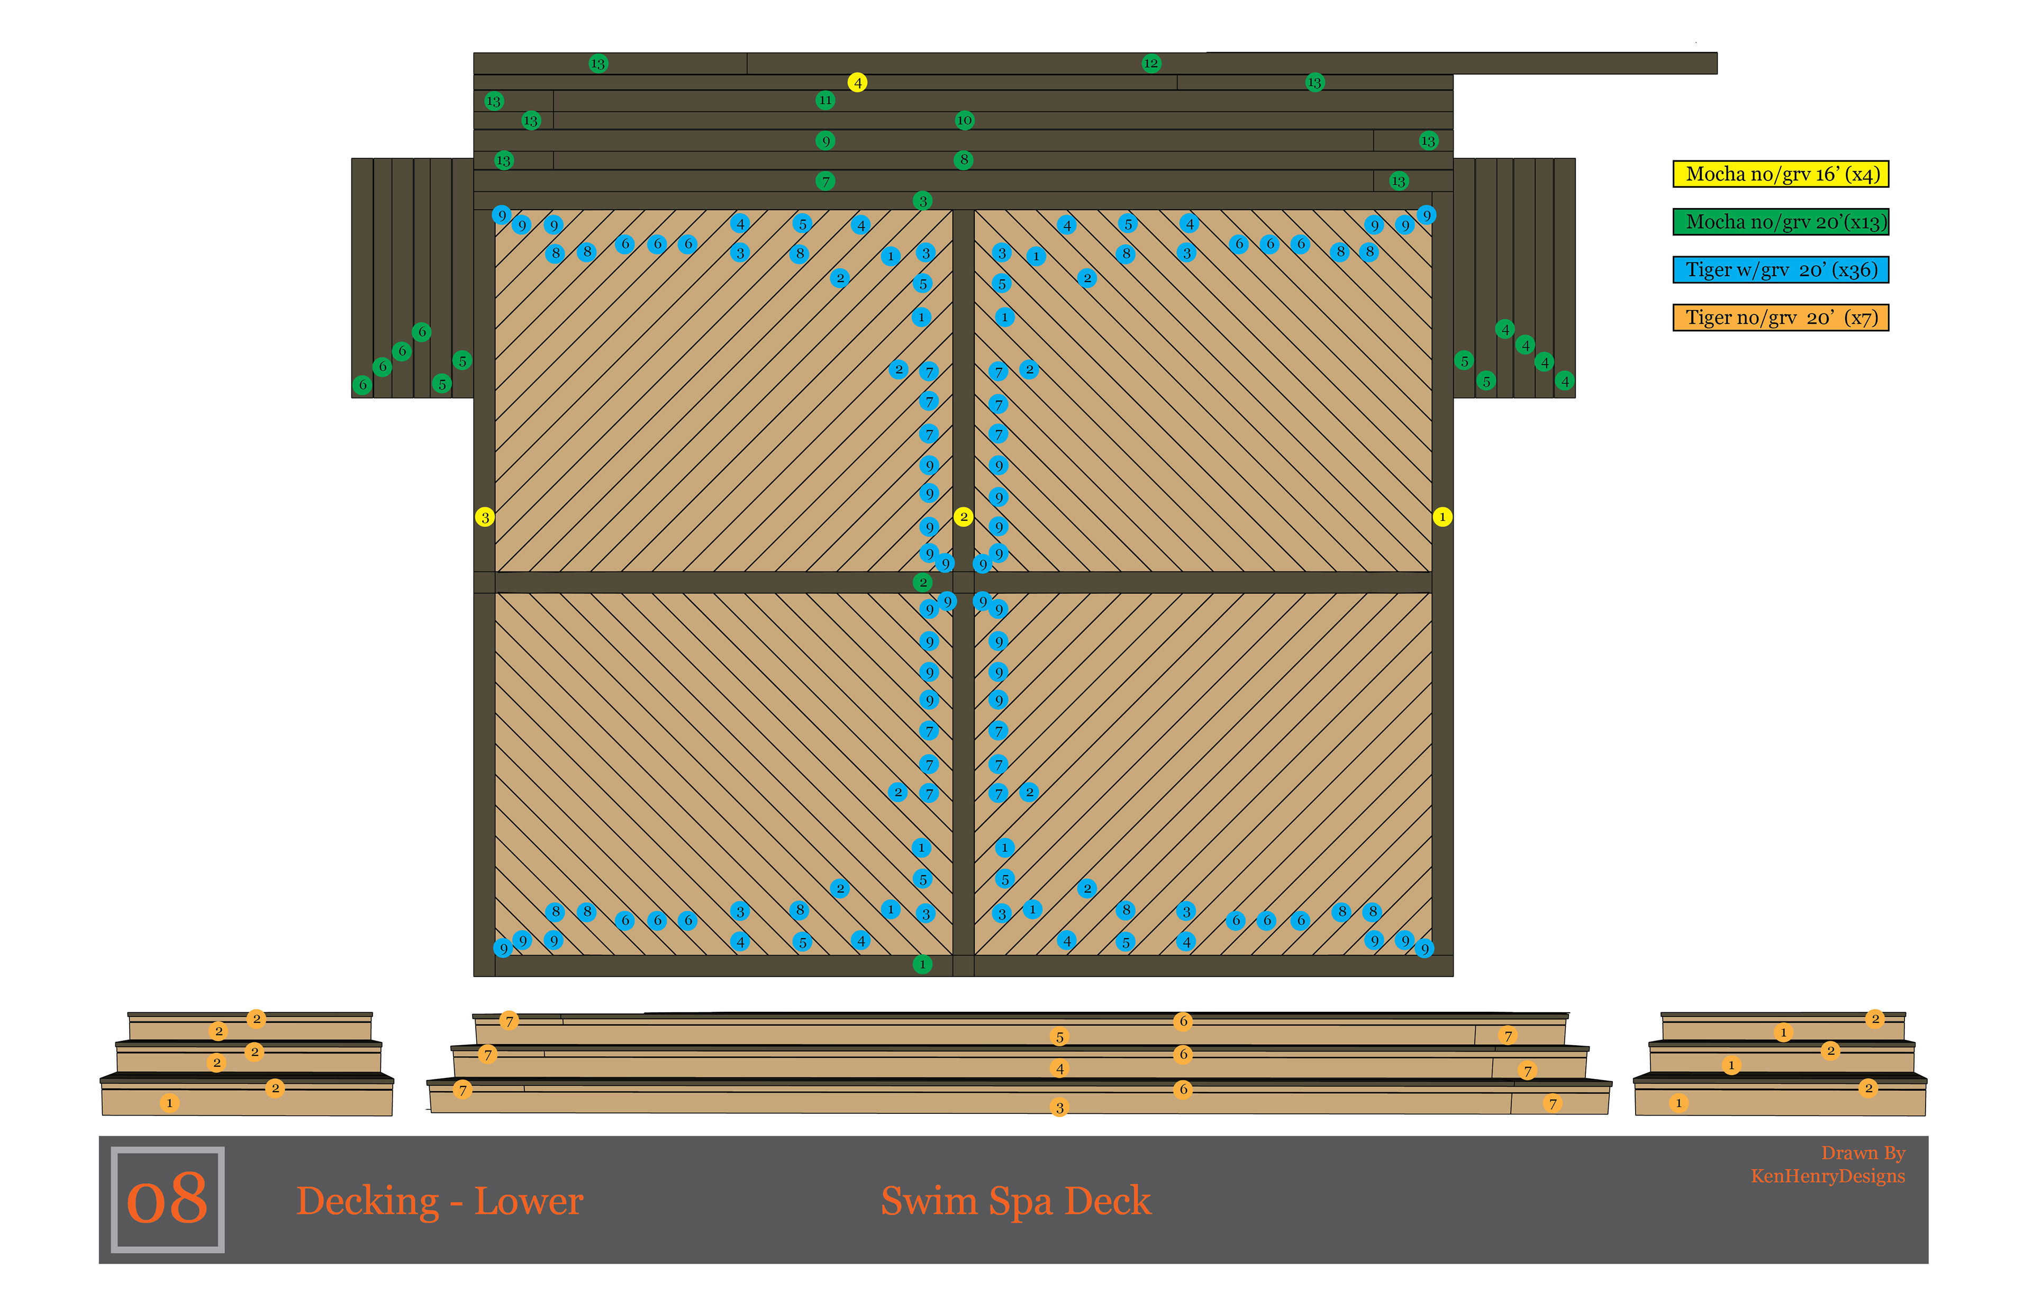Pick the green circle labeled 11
[x=825, y=100]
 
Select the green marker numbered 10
[x=964, y=121]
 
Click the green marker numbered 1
[x=922, y=964]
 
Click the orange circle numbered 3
[x=1059, y=1108]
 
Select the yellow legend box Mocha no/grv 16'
[x=1781, y=174]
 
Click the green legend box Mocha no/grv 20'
[x=1781, y=222]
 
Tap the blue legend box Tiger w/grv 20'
[x=1781, y=270]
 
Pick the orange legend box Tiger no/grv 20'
[x=1781, y=318]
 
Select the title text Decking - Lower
[x=440, y=1201]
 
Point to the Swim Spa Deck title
[x=1016, y=1201]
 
